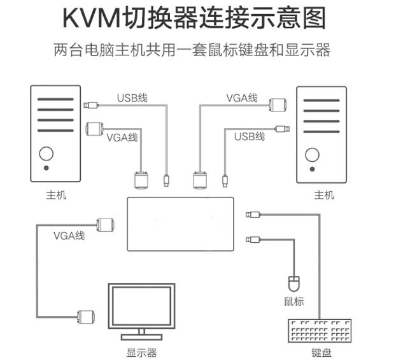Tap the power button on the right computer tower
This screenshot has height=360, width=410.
[x=312, y=154]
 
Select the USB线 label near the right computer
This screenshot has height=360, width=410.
[x=249, y=136]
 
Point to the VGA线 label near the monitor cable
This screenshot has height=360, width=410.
[x=69, y=236]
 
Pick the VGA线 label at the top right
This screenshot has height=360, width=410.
[x=241, y=98]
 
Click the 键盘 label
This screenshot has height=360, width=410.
[x=321, y=352]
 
